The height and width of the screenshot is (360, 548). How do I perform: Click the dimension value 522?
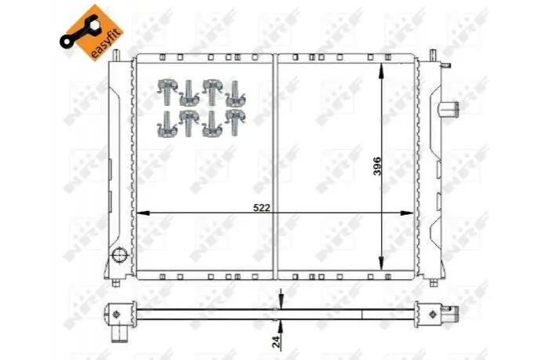pyautogui.click(x=261, y=208)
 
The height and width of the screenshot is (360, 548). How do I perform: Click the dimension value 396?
pyautogui.click(x=377, y=166)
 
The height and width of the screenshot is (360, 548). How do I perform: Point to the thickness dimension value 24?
pyautogui.click(x=276, y=341)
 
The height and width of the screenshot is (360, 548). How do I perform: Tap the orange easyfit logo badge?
pyautogui.click(x=92, y=32)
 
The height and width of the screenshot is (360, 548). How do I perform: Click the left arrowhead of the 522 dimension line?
pyautogui.click(x=143, y=213)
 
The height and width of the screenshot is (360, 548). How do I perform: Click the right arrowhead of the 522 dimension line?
pyautogui.click(x=407, y=213)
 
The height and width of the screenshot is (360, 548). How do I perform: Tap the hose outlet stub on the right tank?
pyautogui.click(x=448, y=109)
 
